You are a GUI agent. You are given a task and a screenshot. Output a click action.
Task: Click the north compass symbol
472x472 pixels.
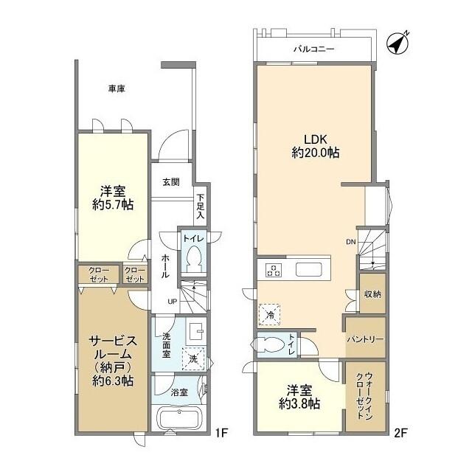pos(397,44)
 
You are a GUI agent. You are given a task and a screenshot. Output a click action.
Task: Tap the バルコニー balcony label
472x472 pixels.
pos(314,49)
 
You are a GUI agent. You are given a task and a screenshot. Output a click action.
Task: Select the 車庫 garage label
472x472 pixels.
pos(117,88)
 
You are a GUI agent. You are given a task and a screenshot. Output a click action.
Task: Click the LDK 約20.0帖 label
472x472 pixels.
pos(316,146)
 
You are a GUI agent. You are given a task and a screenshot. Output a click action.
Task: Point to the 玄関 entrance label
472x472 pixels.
pos(171,182)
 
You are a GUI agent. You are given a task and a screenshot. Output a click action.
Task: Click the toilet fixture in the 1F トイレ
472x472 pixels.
pos(193,258)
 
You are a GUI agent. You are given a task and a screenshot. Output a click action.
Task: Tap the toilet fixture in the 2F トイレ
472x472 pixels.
pos(269,344)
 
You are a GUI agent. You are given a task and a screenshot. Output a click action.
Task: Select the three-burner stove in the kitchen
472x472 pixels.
pos(274,269)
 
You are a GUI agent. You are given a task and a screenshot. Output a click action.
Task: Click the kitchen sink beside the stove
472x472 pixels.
pos(309,269)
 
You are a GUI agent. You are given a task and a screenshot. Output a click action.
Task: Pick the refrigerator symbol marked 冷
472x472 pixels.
pos(270,315)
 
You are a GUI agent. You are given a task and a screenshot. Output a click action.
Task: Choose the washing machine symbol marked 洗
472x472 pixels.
pos(193,359)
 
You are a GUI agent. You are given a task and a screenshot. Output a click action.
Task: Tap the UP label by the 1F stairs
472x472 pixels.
pos(172,302)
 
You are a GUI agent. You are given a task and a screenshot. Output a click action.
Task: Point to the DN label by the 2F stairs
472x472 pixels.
pos(351,242)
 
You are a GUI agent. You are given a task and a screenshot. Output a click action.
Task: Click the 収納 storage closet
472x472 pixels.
pos(372,294)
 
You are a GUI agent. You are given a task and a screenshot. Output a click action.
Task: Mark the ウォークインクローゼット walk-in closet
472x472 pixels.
pos(366,397)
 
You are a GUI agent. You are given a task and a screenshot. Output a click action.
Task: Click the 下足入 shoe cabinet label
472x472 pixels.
pos(201,206)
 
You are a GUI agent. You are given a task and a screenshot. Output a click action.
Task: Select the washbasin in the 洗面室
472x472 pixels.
pos(196,332)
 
